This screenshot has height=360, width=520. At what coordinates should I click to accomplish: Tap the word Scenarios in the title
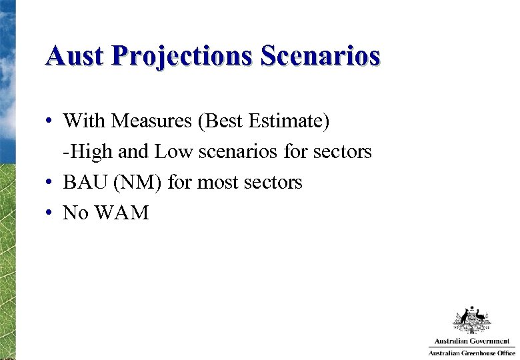[x=320, y=55]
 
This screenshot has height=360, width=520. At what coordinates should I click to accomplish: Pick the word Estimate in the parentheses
[x=287, y=121]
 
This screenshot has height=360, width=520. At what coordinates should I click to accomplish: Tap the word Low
[x=171, y=152]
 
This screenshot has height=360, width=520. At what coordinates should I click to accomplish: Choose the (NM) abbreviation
[x=137, y=182]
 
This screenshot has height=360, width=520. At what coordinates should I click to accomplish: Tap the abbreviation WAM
[x=124, y=213]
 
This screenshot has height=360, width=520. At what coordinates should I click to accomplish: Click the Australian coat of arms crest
[x=471, y=320]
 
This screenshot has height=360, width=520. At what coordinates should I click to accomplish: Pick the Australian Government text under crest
[x=471, y=341]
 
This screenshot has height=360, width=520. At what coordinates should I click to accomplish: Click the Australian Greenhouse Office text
[x=471, y=353]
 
